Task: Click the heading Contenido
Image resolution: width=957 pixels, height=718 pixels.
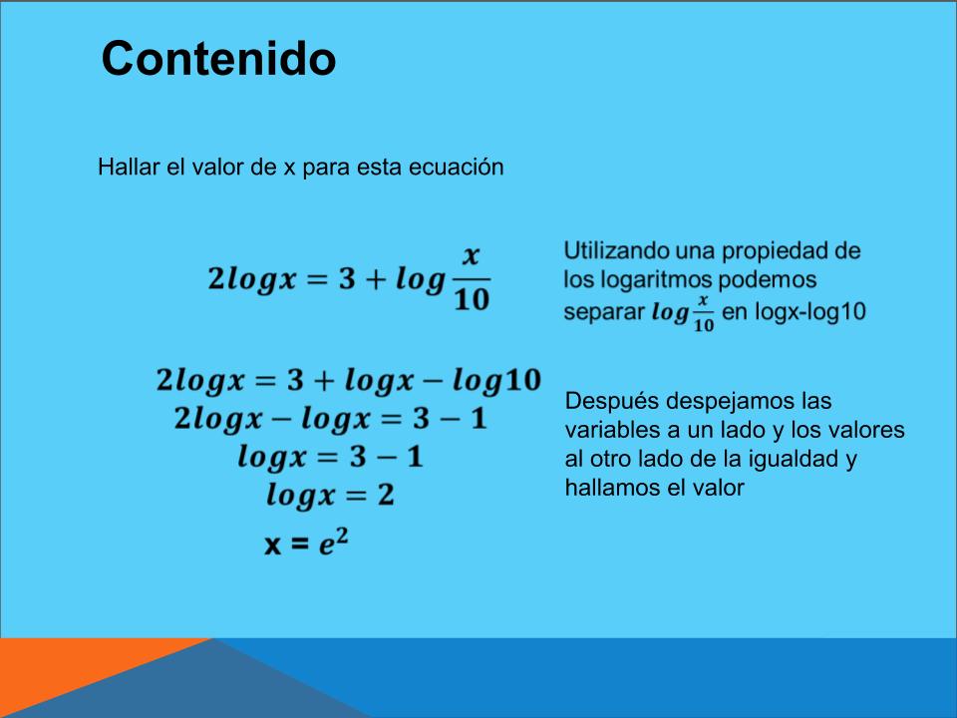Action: pyautogui.click(x=218, y=58)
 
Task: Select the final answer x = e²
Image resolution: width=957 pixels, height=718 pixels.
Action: pyautogui.click(x=306, y=542)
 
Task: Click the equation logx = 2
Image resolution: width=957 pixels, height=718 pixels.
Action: pyautogui.click(x=330, y=496)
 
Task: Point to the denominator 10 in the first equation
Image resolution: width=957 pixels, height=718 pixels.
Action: pyautogui.click(x=472, y=299)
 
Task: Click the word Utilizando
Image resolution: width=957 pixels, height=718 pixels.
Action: pyautogui.click(x=616, y=251)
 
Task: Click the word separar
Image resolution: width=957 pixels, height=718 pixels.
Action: pyautogui.click(x=604, y=312)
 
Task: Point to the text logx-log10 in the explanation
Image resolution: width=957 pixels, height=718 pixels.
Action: pyautogui.click(x=810, y=311)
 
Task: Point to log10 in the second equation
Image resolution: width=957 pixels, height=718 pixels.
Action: pyautogui.click(x=496, y=381)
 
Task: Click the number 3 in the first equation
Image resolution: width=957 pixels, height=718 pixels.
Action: pyautogui.click(x=347, y=279)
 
